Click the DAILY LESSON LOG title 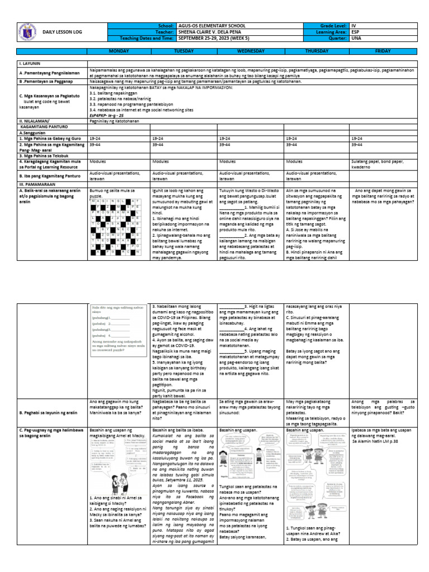(x=63, y=32)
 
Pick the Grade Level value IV (x=354, y=26)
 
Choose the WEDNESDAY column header (x=251, y=50)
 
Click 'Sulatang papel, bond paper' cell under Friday (x=378, y=163)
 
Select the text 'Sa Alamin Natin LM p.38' (x=378, y=441)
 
